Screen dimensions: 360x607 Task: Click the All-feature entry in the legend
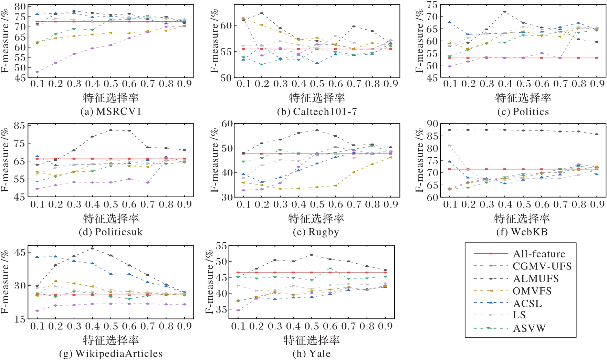click(x=539, y=254)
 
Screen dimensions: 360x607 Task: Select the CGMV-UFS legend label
click(x=542, y=266)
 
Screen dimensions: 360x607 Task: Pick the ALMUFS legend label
click(x=536, y=279)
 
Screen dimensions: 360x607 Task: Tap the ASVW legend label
click(x=529, y=328)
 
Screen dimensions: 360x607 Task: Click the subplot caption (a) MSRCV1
click(x=111, y=112)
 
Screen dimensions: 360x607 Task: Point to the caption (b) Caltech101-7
click(x=317, y=112)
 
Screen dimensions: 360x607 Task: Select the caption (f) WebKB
click(x=522, y=232)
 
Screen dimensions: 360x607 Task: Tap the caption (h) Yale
click(x=311, y=353)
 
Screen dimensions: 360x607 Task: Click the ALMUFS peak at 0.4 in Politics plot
click(x=505, y=12)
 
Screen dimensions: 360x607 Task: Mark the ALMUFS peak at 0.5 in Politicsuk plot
click(x=111, y=130)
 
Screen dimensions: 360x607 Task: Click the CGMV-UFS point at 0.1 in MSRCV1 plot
click(x=37, y=72)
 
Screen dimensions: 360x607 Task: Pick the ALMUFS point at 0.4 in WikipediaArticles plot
click(x=92, y=248)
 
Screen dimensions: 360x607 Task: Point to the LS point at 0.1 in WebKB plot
click(x=450, y=146)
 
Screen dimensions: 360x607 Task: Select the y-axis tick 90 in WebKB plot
click(x=433, y=124)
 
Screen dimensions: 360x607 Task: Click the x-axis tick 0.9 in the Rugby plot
click(x=391, y=204)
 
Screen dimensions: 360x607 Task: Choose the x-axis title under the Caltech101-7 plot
click(x=317, y=98)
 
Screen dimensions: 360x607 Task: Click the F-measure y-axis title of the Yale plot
click(x=210, y=282)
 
